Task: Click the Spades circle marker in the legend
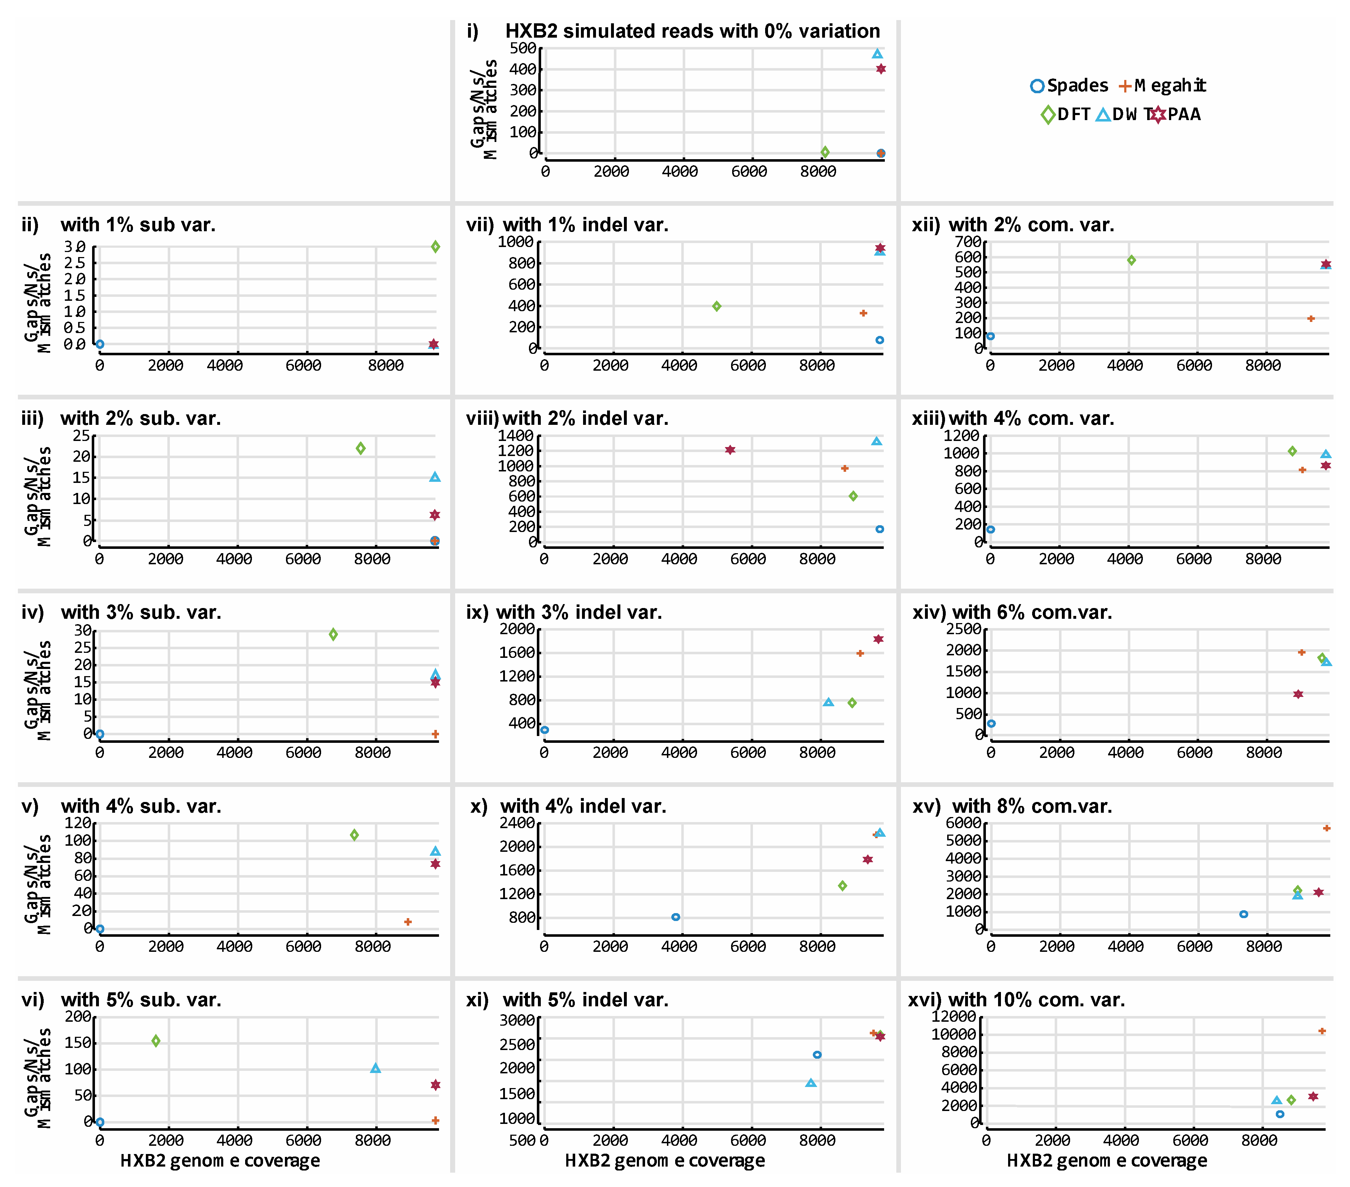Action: (x=1037, y=86)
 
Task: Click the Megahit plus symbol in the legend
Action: (x=1125, y=86)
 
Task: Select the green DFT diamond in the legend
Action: (x=1048, y=115)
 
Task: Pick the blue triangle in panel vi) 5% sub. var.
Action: (x=375, y=1068)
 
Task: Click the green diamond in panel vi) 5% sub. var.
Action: (x=156, y=1041)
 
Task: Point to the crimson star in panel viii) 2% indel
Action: (x=730, y=450)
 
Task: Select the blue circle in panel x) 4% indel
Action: (x=676, y=917)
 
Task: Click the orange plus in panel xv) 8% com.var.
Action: (x=1326, y=828)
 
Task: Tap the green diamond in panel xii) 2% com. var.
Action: (x=1131, y=260)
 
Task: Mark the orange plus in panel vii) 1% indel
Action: (x=863, y=313)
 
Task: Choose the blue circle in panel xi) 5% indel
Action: (x=817, y=1055)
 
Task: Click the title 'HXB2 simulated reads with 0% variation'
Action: (x=692, y=31)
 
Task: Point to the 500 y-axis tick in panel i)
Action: (x=523, y=48)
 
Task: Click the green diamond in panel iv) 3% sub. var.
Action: (x=334, y=634)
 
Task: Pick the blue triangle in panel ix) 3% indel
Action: (x=828, y=702)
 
